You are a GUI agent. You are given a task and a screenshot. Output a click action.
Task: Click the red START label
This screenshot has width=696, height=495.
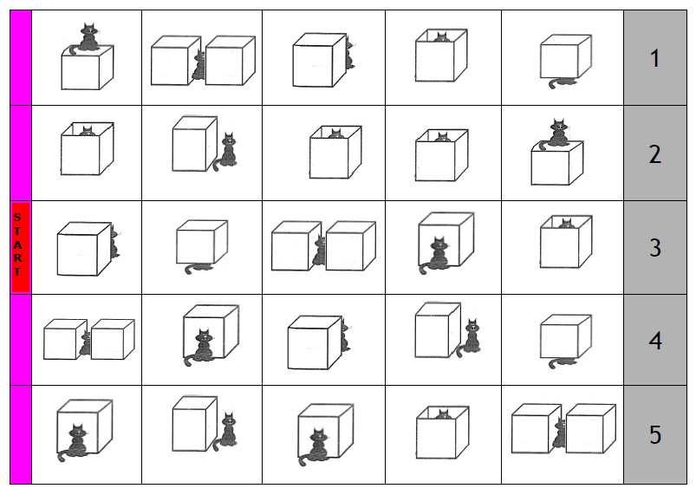tap(21, 247)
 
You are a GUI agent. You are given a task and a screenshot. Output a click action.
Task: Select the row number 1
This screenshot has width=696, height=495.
tap(654, 59)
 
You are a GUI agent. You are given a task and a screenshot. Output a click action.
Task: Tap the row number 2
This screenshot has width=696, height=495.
tap(654, 154)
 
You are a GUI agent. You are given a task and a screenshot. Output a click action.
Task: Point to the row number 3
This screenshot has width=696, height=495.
tap(655, 247)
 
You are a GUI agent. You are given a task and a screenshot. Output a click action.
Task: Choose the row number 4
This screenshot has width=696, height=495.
tap(655, 340)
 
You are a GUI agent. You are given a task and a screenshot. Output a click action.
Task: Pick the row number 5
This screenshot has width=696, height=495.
tap(655, 434)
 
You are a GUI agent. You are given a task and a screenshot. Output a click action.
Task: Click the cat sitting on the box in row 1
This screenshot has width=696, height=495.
tap(88, 39)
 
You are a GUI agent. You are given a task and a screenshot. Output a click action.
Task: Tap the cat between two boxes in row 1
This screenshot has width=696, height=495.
tap(198, 65)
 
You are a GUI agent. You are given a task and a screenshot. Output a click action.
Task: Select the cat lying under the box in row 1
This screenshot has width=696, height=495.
tap(562, 82)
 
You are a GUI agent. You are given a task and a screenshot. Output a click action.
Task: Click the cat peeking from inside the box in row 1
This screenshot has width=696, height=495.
tap(441, 37)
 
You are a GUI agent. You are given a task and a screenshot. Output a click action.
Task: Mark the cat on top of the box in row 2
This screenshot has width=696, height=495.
tap(556, 134)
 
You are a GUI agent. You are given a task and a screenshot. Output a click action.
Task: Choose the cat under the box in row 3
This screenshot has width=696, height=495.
tap(198, 268)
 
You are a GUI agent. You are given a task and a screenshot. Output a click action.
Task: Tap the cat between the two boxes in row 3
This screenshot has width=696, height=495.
tap(319, 251)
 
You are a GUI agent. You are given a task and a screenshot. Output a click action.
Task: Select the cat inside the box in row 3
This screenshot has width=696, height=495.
tap(566, 223)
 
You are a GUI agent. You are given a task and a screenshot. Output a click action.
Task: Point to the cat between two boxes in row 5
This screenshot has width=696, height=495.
tap(559, 433)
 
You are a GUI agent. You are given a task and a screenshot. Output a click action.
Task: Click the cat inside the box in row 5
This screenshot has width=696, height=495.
tap(443, 414)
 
